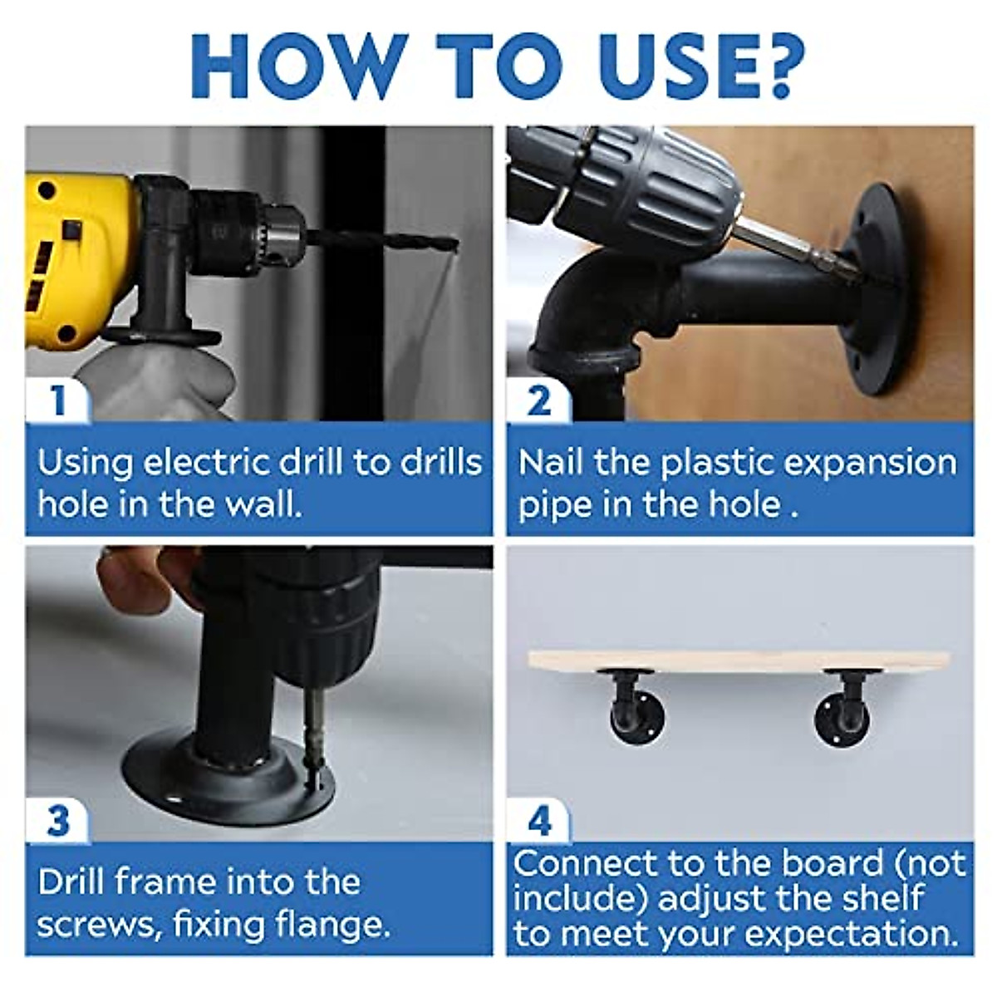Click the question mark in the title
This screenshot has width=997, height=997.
774,66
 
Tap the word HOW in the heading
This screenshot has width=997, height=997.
300,66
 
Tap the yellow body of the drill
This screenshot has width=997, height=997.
77,258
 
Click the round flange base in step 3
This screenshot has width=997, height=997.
228,781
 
